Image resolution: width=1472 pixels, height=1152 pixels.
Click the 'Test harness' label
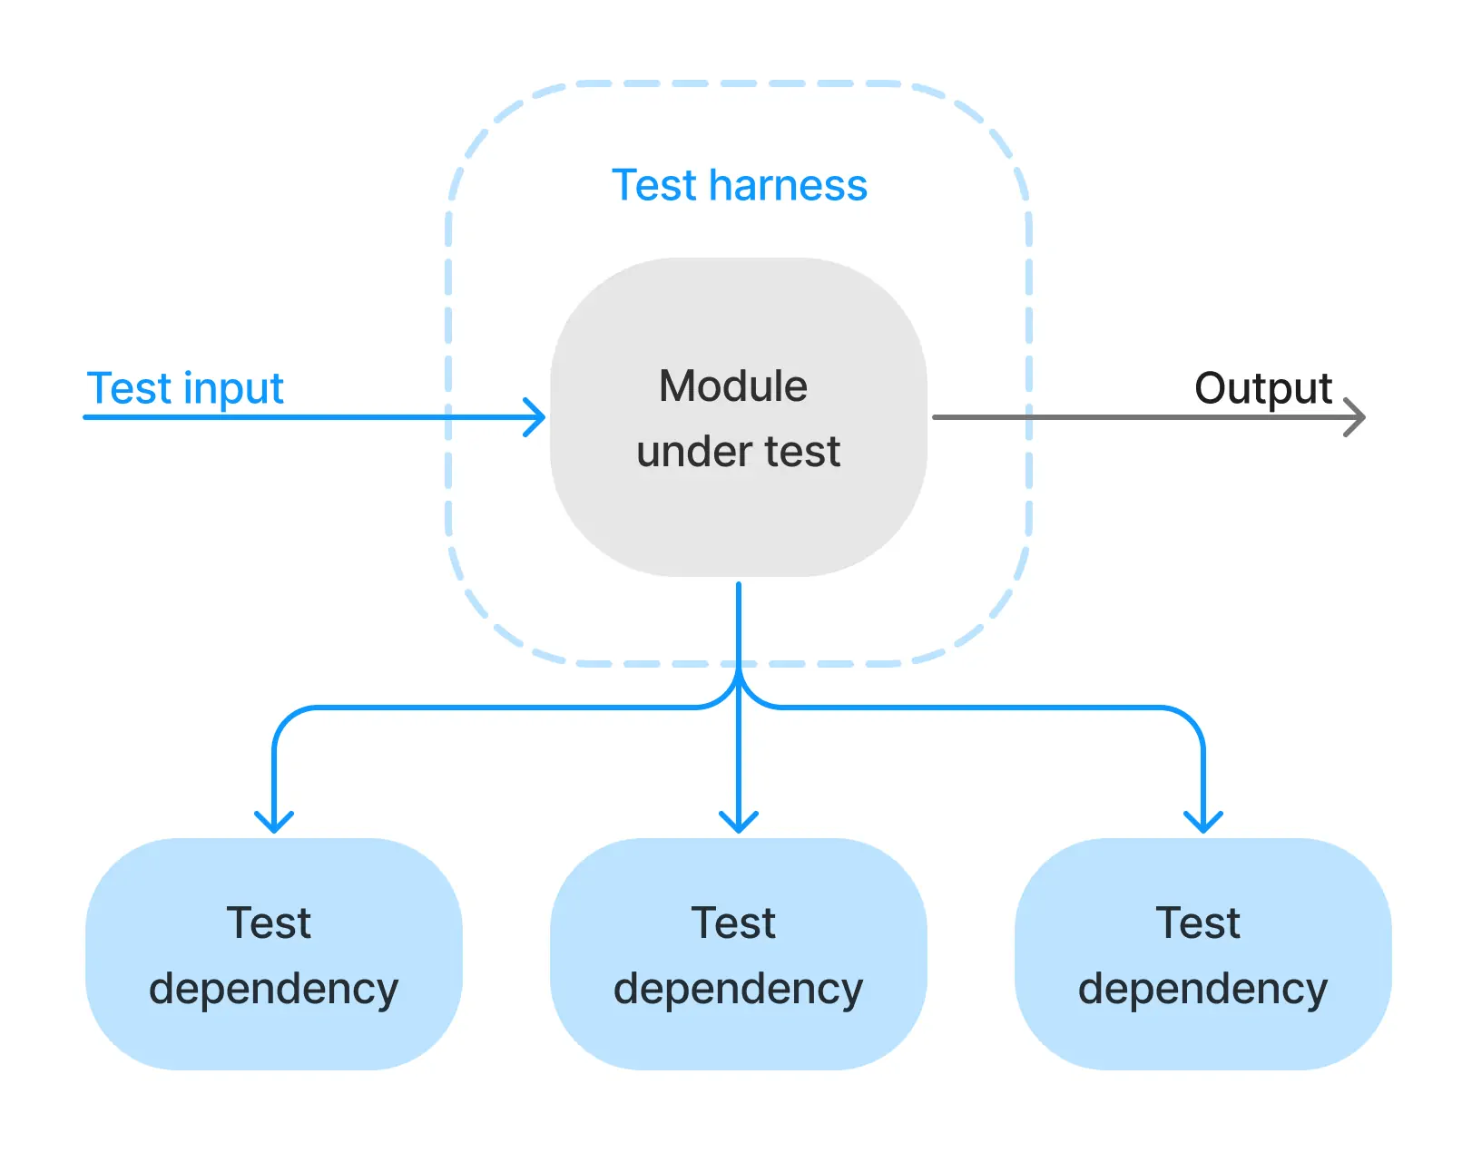[739, 185]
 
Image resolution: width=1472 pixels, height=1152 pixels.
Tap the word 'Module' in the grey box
[733, 386]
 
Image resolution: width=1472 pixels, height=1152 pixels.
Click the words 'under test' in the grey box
[739, 452]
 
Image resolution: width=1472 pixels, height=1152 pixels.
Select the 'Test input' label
[185, 388]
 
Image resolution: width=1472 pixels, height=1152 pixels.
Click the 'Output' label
[1262, 388]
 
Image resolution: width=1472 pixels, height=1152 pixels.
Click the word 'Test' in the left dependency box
[269, 923]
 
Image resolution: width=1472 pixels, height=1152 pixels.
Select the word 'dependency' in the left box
[274, 989]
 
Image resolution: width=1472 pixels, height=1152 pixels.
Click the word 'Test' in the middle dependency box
[733, 923]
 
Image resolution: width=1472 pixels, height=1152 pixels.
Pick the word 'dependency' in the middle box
[739, 989]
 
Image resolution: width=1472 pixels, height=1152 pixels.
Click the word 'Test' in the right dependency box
[1198, 923]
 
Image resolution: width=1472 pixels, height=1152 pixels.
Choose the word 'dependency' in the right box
[1203, 989]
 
